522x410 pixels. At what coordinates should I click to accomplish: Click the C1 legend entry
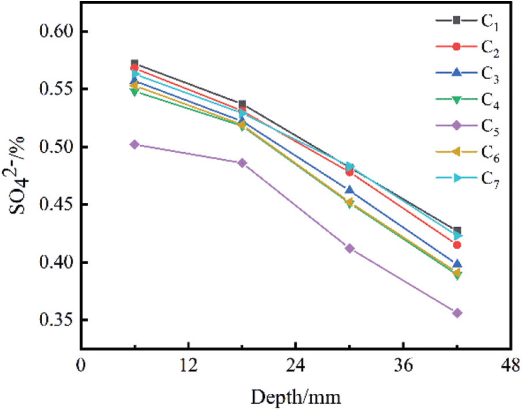coord(467,21)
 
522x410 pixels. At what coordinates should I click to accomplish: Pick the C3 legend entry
coord(467,73)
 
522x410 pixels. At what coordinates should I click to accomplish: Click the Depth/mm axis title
coord(295,397)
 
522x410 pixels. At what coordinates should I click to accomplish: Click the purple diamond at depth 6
coord(134,145)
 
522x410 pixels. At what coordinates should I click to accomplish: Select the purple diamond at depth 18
coord(242,163)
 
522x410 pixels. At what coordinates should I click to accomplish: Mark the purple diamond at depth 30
coord(350,249)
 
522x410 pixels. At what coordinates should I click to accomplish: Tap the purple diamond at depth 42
coord(457,313)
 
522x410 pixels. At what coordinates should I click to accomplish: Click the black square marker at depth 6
coord(134,63)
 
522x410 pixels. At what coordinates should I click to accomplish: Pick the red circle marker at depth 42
coord(457,245)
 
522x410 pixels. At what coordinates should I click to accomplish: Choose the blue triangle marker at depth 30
coord(350,190)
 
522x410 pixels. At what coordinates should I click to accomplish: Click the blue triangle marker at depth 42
coord(457,264)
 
